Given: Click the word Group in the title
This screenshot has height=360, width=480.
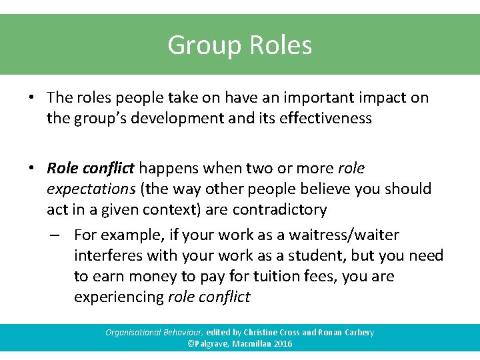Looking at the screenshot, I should [x=204, y=45].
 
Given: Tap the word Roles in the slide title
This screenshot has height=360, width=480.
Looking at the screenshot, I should [x=281, y=45].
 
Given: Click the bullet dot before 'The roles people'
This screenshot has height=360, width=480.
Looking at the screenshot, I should [x=31, y=97].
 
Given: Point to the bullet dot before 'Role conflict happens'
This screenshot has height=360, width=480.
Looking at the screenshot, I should [x=31, y=169].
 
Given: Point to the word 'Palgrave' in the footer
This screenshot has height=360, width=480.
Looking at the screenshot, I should [x=213, y=344].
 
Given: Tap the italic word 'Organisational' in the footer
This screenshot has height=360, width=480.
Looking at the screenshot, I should [x=131, y=332].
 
